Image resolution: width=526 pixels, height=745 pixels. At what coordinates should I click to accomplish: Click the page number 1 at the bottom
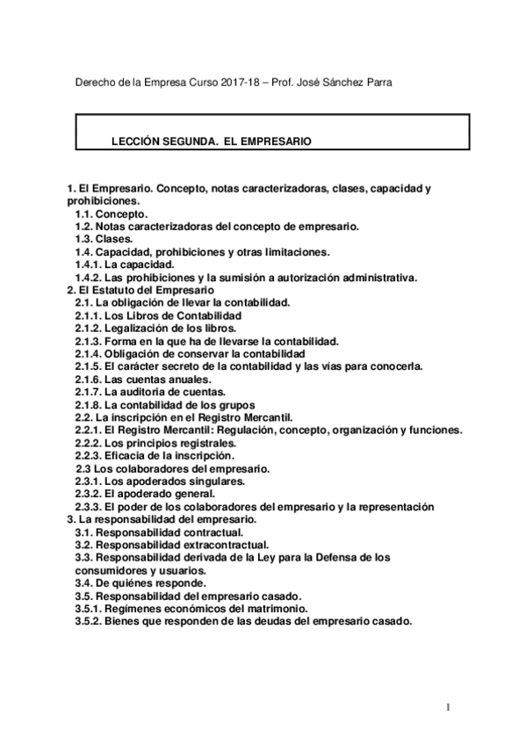(x=447, y=705)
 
